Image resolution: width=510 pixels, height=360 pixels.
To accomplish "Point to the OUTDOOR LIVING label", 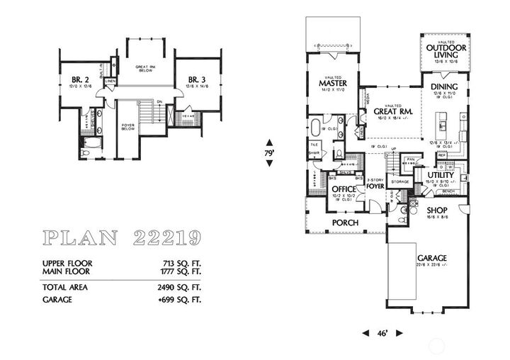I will pos(446,51).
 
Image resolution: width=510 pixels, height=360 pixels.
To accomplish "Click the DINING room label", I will pos(445,86).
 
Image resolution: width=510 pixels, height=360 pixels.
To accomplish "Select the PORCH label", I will pos(345,223).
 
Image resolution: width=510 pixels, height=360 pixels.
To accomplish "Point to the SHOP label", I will pos(437,210).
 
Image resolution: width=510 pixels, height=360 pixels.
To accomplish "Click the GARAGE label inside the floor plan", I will pos(431,259).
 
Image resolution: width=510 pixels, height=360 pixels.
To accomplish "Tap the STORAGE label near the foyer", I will pos(400,182).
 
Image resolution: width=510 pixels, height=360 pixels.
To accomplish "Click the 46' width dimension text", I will pos(382,332).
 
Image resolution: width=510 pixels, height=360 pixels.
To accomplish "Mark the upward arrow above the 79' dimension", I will pos(269,140).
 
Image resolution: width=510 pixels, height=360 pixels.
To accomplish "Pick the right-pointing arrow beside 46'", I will pos(399,332).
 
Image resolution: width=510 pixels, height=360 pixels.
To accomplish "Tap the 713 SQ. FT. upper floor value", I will pos(183,263).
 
